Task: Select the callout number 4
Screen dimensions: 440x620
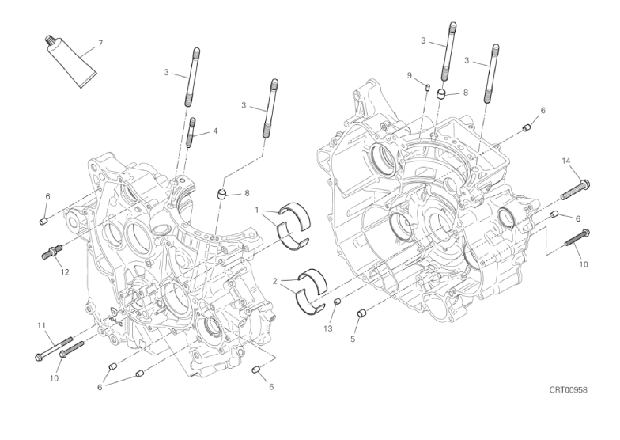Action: tap(214, 131)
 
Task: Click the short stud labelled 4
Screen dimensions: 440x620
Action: tap(192, 131)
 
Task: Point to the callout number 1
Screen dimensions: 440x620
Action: tap(257, 210)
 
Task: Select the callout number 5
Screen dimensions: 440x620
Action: tap(354, 339)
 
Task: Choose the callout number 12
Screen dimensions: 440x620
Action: tap(65, 272)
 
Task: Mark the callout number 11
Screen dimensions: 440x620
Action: tap(39, 325)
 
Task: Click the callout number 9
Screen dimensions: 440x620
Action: tap(410, 75)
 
